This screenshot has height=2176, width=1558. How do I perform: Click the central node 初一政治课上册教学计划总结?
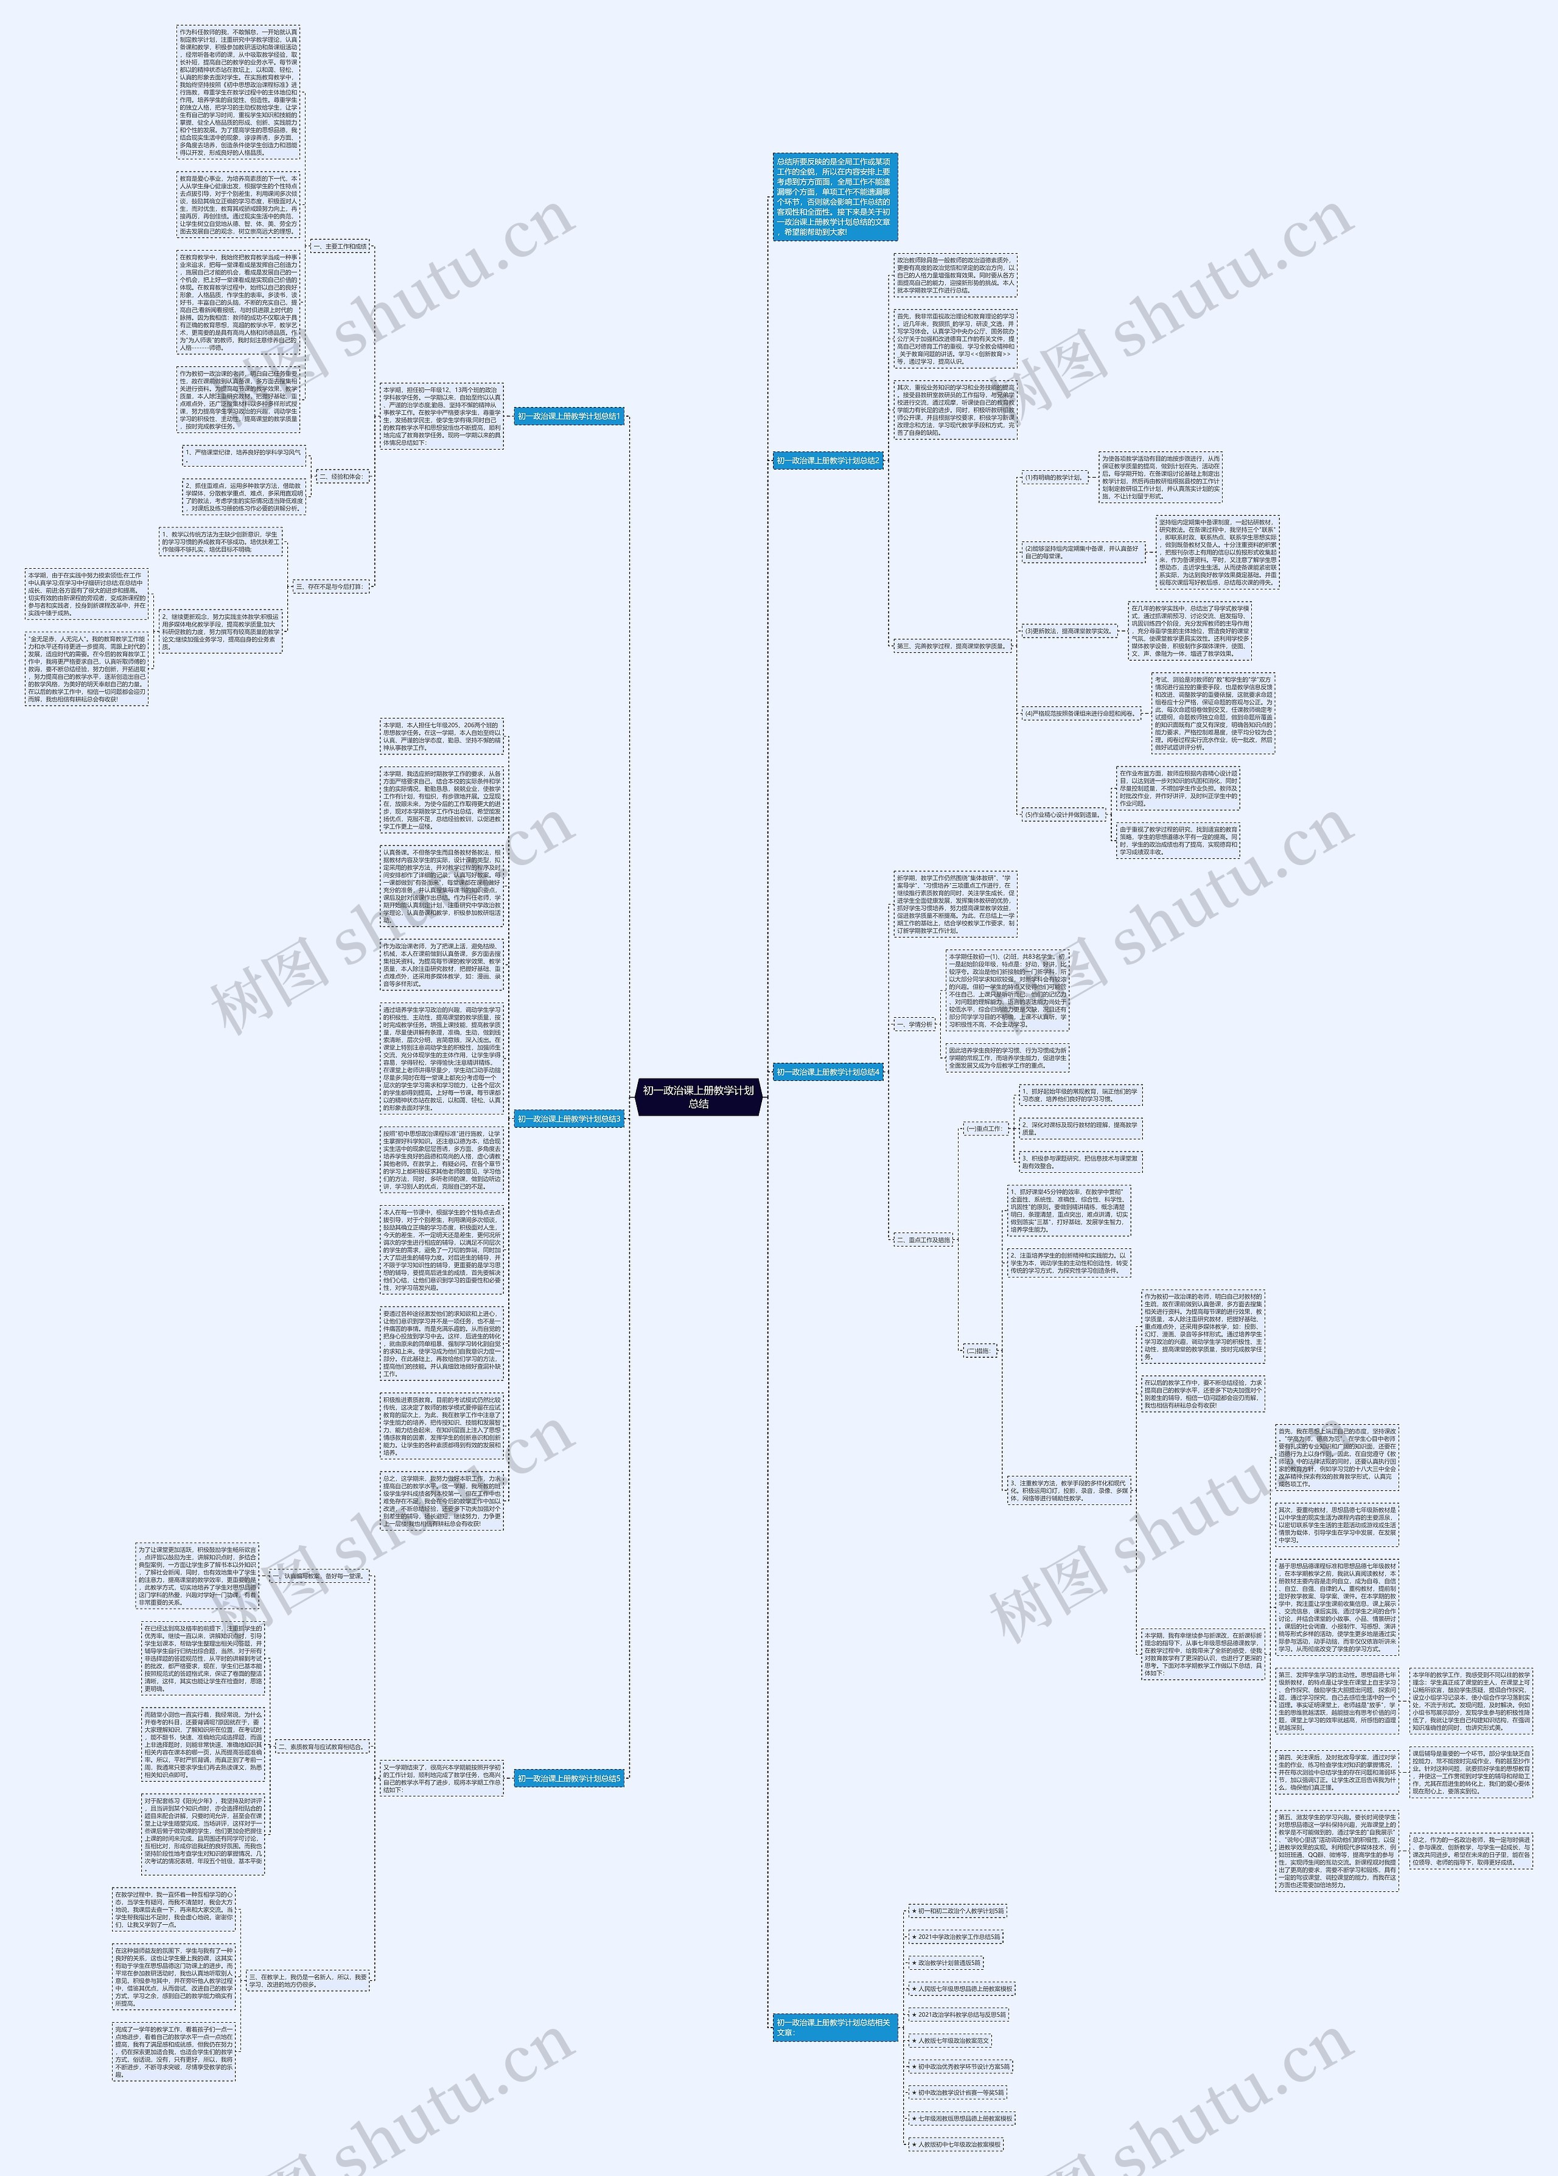tap(697, 1096)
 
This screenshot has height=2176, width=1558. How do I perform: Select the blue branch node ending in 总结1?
tap(570, 416)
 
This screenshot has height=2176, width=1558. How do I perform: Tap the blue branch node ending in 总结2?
tap(828, 461)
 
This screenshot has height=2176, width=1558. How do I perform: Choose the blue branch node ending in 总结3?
tap(570, 1118)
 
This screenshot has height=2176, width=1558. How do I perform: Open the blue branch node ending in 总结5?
tap(570, 1778)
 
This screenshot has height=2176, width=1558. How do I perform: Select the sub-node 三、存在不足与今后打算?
tap(329, 586)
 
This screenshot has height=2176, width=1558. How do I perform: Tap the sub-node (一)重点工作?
tap(984, 1128)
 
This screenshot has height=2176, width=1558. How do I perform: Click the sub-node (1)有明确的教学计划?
tap(1053, 477)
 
